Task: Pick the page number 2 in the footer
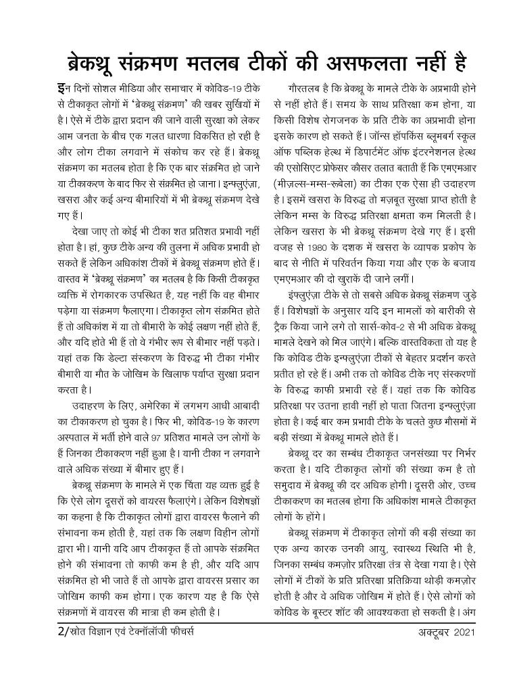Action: point(60,633)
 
